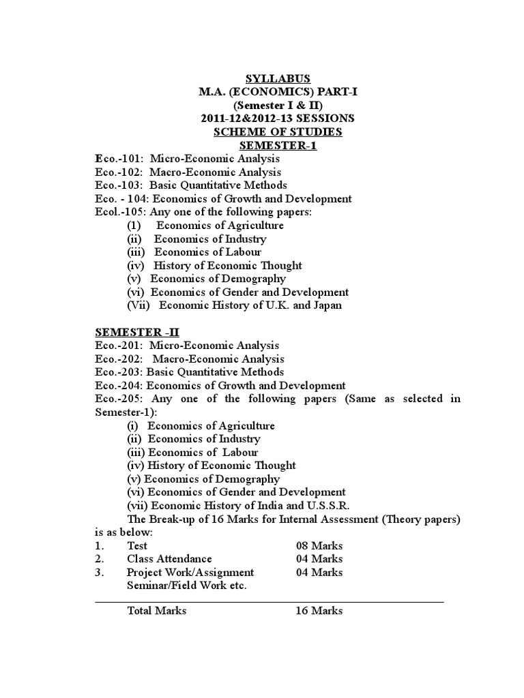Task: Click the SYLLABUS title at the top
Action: [277, 79]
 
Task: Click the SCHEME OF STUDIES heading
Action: [277, 132]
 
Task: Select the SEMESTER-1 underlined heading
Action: [277, 145]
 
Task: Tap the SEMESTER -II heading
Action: [136, 332]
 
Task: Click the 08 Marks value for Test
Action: [319, 546]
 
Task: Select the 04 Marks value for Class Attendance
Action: [319, 559]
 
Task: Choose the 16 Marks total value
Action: [319, 611]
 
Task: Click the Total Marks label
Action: [156, 611]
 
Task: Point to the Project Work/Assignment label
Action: [190, 573]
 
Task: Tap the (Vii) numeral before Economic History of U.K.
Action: [139, 305]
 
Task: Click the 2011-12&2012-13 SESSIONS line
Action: [277, 119]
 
